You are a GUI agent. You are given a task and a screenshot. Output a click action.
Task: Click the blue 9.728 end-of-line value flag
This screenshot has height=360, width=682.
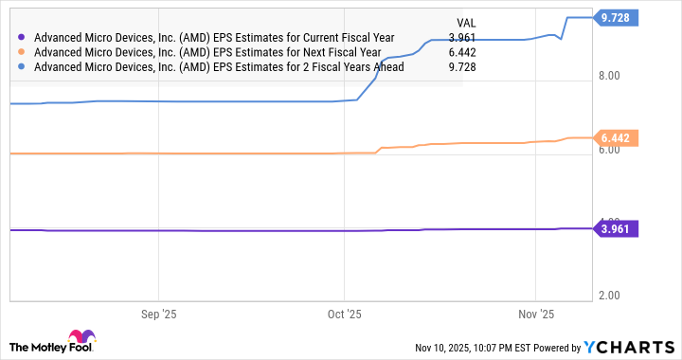coord(618,17)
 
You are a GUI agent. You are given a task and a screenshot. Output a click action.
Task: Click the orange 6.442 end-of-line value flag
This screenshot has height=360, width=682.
coord(618,138)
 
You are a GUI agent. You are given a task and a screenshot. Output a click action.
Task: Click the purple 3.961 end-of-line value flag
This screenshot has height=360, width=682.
coord(618,227)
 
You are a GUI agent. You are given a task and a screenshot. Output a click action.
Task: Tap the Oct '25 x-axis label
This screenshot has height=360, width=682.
coord(345,314)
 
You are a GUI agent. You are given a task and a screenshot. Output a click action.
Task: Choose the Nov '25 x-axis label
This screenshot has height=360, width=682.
coord(536,314)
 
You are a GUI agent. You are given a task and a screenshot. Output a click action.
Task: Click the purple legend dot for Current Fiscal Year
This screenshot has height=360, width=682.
coord(22,38)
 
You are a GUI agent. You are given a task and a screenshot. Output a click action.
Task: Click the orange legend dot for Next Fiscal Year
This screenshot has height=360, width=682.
coord(22,53)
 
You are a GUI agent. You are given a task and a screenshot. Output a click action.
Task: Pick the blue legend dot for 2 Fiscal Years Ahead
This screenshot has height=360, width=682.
coord(22,67)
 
